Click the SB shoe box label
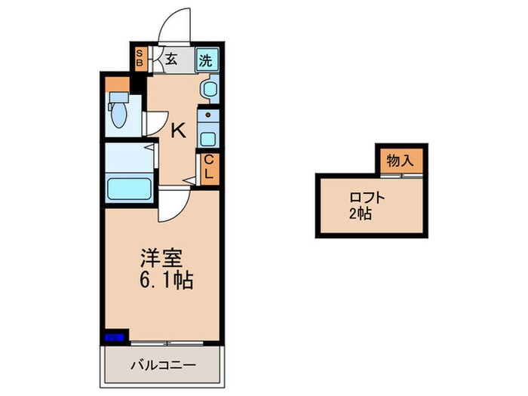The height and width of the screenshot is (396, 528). pos(140,59)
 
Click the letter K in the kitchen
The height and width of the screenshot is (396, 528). pos(178,130)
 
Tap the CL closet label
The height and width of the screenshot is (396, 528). pos(208,166)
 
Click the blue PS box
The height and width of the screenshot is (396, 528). pos(113,337)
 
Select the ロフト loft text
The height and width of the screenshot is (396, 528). pos(367,198)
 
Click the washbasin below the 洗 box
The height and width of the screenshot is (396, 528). pos(207,89)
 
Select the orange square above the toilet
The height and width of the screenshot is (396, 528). pos(117,83)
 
